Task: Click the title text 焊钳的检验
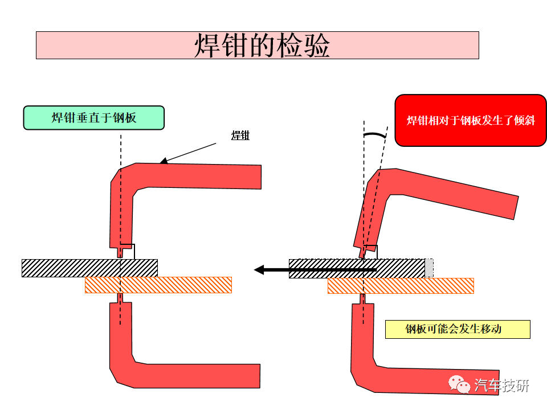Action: click(x=262, y=46)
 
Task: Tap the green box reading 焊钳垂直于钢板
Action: click(x=94, y=118)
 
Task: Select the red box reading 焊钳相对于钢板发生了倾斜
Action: click(x=471, y=120)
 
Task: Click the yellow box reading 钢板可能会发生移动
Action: click(x=458, y=329)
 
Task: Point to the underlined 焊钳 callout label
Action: click(x=240, y=136)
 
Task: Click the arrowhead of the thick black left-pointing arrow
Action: click(x=259, y=270)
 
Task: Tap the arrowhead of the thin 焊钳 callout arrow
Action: click(x=164, y=161)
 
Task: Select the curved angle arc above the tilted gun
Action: click(x=375, y=134)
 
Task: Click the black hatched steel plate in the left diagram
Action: click(x=89, y=268)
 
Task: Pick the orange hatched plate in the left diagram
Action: click(x=158, y=285)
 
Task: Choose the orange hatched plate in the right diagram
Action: click(x=401, y=286)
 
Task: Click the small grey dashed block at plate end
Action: click(x=429, y=268)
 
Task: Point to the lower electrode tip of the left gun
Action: click(x=120, y=298)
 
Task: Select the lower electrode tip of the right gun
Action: click(x=363, y=299)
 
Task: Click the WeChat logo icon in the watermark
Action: click(x=459, y=384)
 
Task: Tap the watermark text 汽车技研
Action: click(x=501, y=386)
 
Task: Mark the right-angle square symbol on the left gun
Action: click(x=128, y=251)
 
